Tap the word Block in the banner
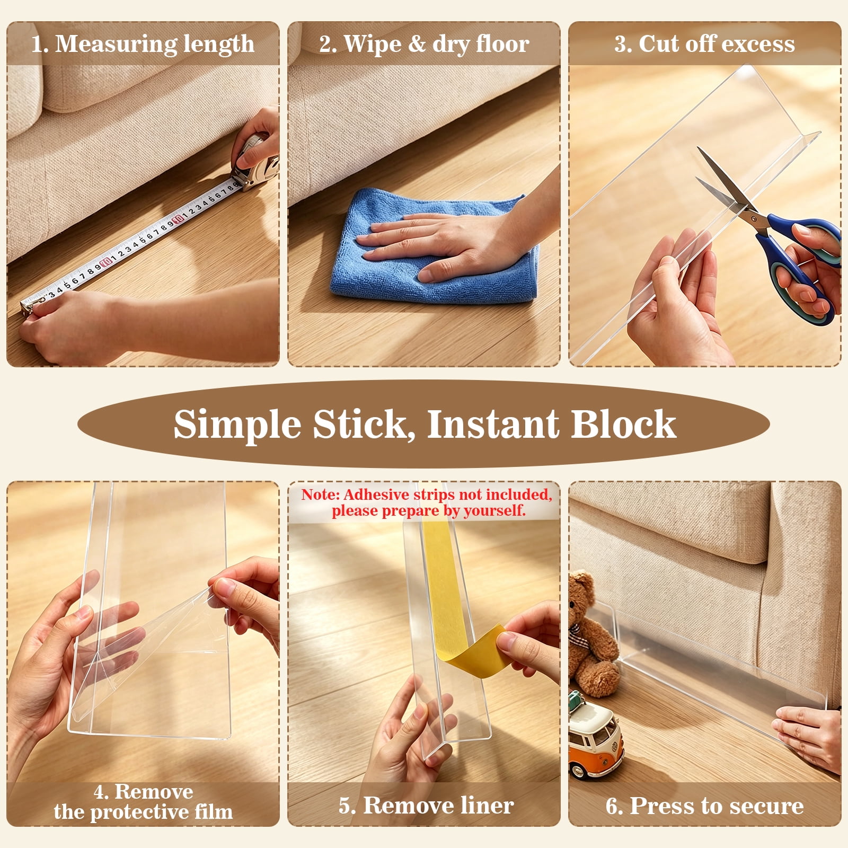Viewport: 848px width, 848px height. point(623,425)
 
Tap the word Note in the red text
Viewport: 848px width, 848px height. point(320,494)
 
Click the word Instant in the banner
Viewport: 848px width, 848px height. point(493,425)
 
